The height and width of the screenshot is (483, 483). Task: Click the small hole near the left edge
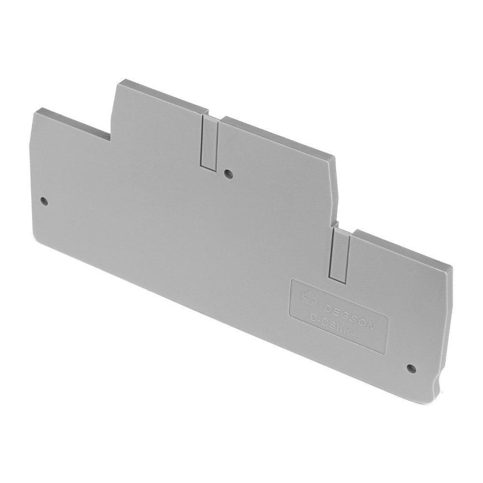(x=44, y=202)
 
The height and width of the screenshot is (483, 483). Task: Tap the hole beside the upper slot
(x=228, y=174)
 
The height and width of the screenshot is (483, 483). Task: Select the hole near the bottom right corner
(x=410, y=367)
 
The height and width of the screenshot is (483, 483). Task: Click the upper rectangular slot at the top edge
(x=210, y=143)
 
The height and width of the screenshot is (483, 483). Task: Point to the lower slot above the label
(x=340, y=255)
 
